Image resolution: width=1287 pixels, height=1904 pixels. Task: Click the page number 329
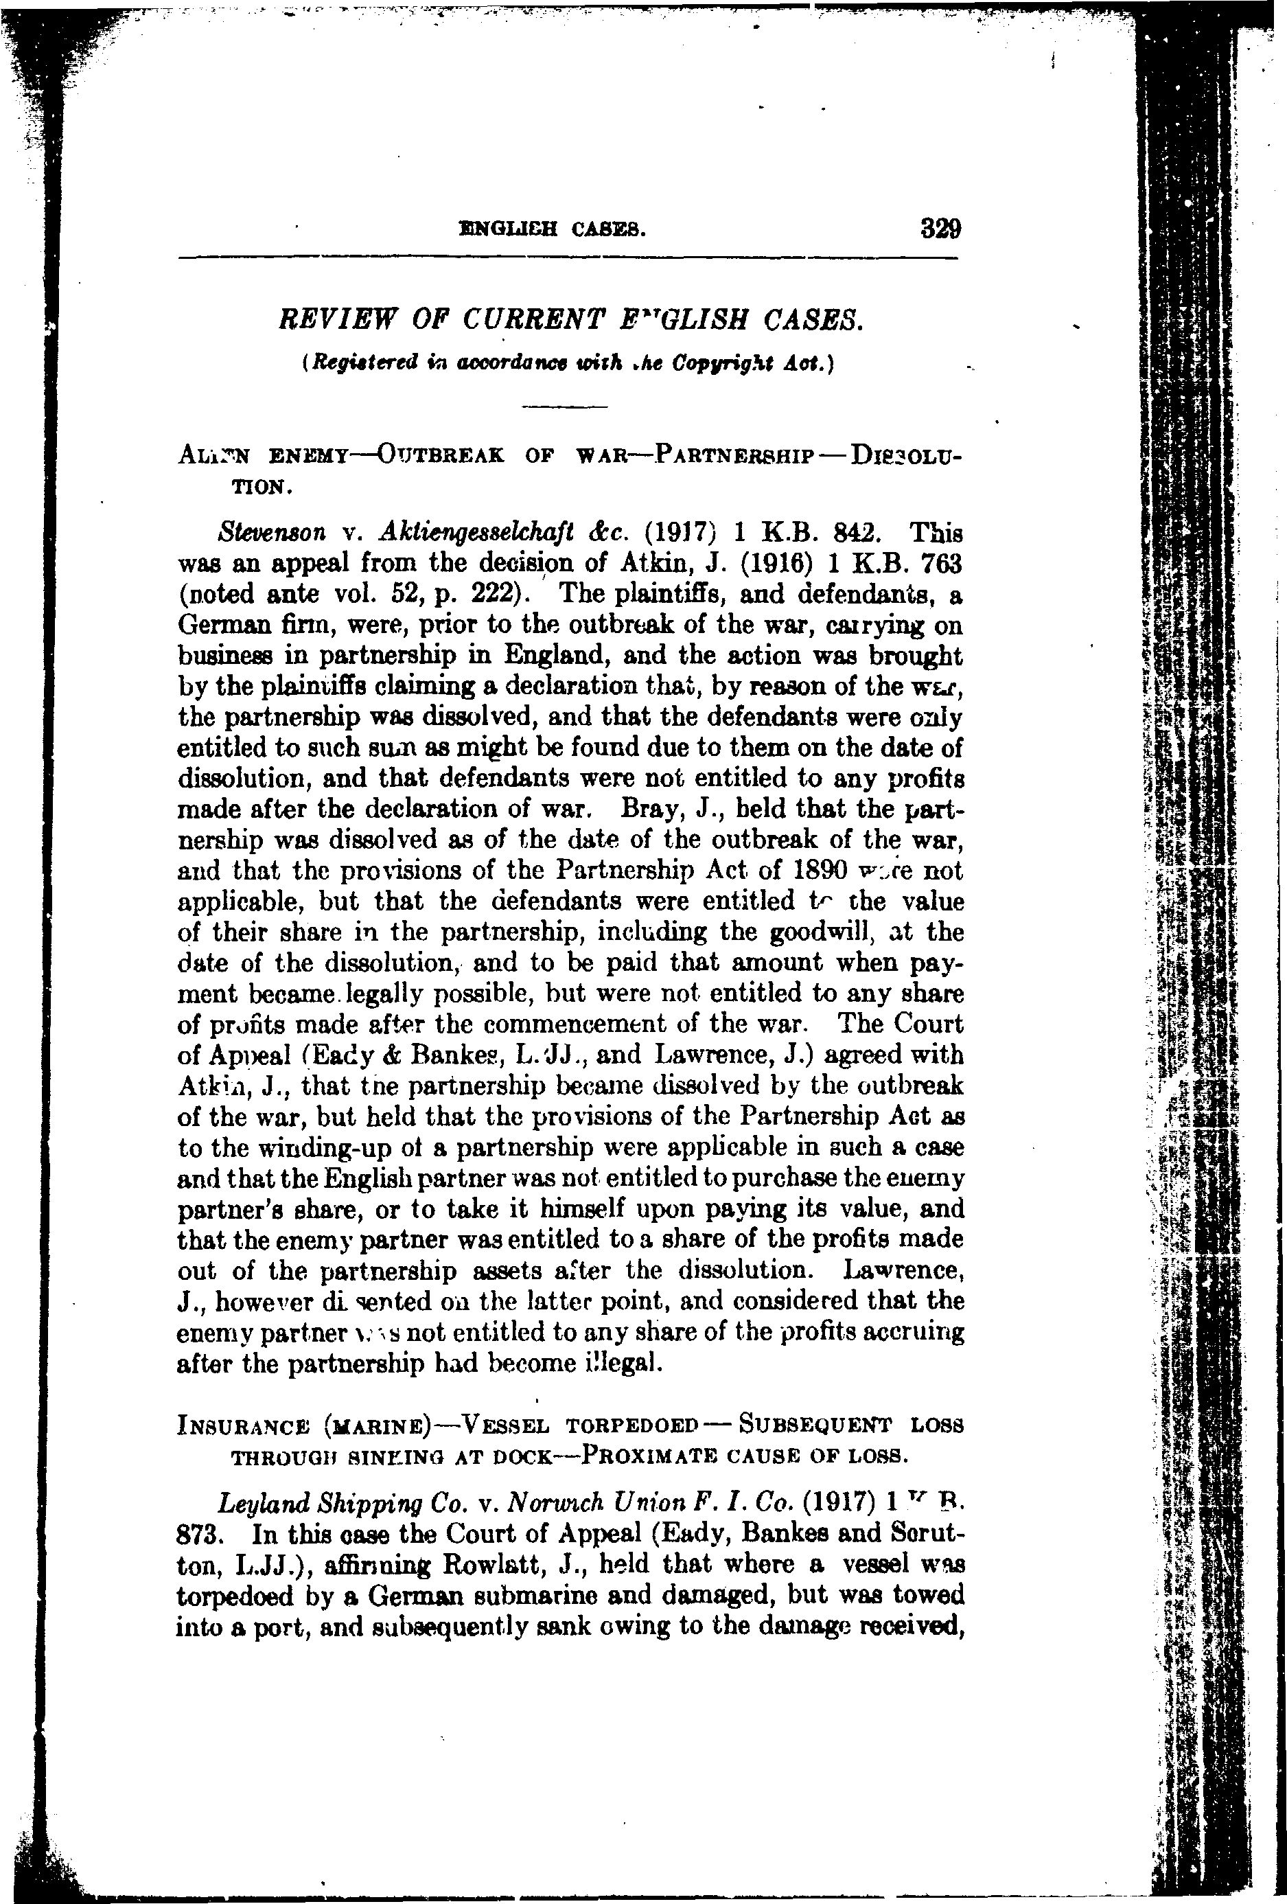pyautogui.click(x=940, y=227)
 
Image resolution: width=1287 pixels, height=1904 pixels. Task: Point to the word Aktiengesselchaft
pyautogui.click(x=479, y=533)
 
